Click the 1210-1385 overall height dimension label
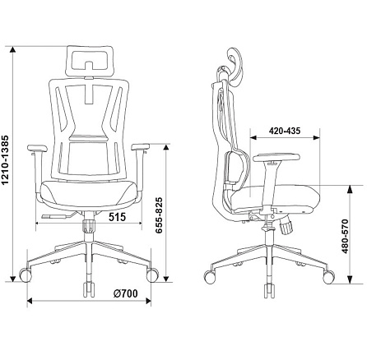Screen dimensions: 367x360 tap(6, 160)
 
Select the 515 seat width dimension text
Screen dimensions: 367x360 tap(117, 217)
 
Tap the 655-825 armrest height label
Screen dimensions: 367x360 tap(159, 215)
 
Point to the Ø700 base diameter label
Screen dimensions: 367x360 tap(125, 293)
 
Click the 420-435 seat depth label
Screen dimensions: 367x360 tap(285, 131)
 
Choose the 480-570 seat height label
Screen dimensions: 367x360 tap(345, 236)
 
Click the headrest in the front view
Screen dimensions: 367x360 tap(90, 61)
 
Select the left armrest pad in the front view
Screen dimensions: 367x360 tap(37, 148)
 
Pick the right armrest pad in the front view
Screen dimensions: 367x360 tap(141, 147)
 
